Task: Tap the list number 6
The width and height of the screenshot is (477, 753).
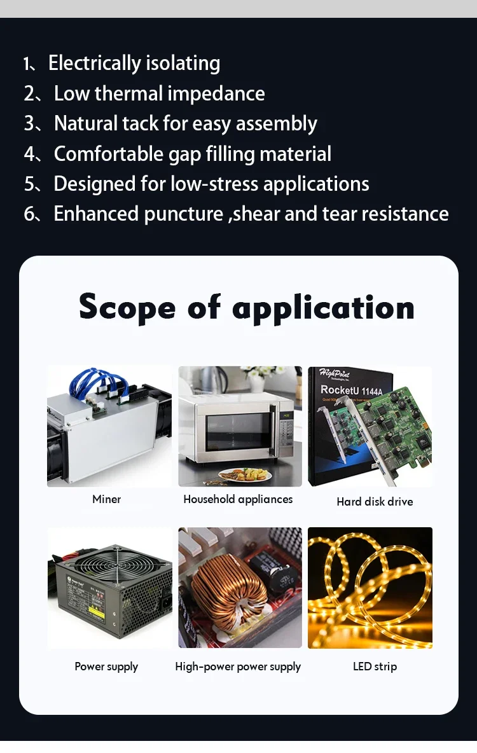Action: point(29,214)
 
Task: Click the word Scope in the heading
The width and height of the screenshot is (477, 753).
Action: point(127,308)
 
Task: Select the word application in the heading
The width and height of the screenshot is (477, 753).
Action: point(323,308)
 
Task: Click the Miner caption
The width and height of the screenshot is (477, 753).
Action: point(107,499)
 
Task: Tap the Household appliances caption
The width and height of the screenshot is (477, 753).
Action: point(238,499)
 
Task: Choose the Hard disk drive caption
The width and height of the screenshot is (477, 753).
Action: point(375,501)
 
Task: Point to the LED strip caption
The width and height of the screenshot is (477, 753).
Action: point(375,667)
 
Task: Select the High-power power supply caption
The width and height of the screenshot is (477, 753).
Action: point(238,667)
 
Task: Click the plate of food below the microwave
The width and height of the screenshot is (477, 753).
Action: point(245,475)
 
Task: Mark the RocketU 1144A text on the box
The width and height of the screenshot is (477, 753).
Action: point(351,390)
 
